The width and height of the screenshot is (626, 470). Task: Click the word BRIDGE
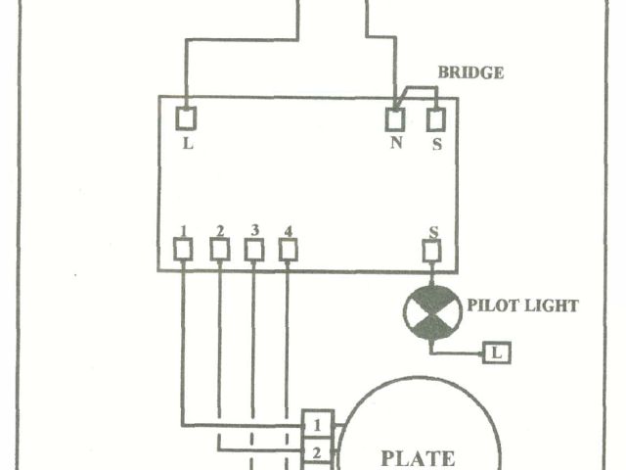(470, 73)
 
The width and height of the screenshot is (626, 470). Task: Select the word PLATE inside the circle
(417, 457)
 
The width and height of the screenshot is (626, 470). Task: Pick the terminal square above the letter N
(395, 119)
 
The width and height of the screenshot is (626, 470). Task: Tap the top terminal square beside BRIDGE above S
(436, 119)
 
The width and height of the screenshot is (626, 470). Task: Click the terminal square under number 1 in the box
(183, 251)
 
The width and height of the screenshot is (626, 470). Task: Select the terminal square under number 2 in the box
(219, 251)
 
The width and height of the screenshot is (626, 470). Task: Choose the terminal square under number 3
(253, 251)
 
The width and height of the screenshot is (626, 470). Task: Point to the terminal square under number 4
(288, 251)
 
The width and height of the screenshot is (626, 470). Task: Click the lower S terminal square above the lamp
(432, 252)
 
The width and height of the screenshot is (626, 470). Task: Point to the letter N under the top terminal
(395, 143)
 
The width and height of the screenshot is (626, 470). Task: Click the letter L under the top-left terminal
(188, 143)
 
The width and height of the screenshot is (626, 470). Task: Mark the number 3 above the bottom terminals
(254, 231)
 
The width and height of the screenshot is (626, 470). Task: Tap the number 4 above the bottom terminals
(288, 231)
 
